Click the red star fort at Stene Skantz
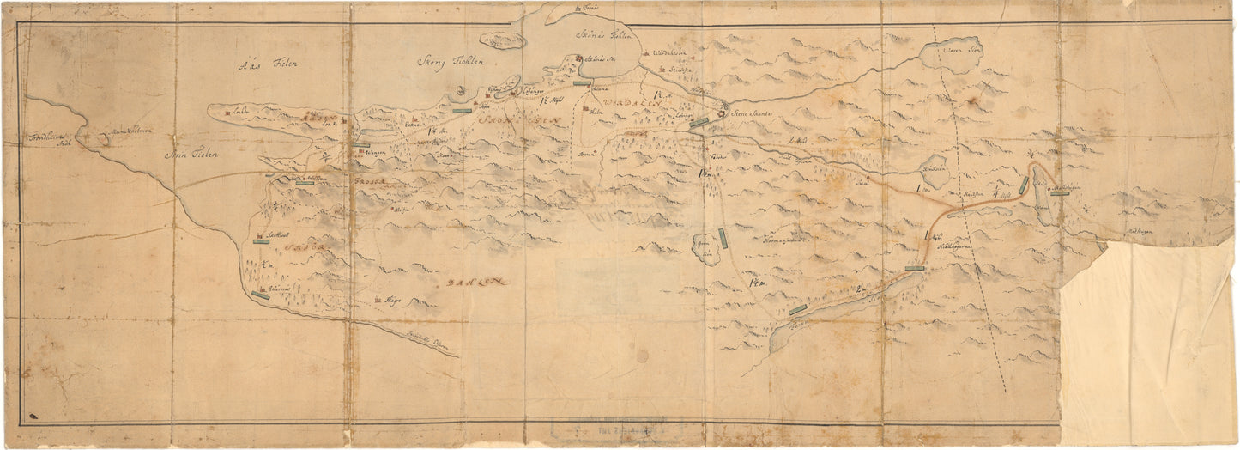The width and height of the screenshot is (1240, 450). (x=723, y=110)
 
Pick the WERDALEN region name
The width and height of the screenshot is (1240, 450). (x=633, y=102)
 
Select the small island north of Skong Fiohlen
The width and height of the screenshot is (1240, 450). (x=502, y=40)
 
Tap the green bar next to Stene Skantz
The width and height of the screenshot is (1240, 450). (x=699, y=123)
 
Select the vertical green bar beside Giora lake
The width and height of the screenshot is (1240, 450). (x=723, y=237)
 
